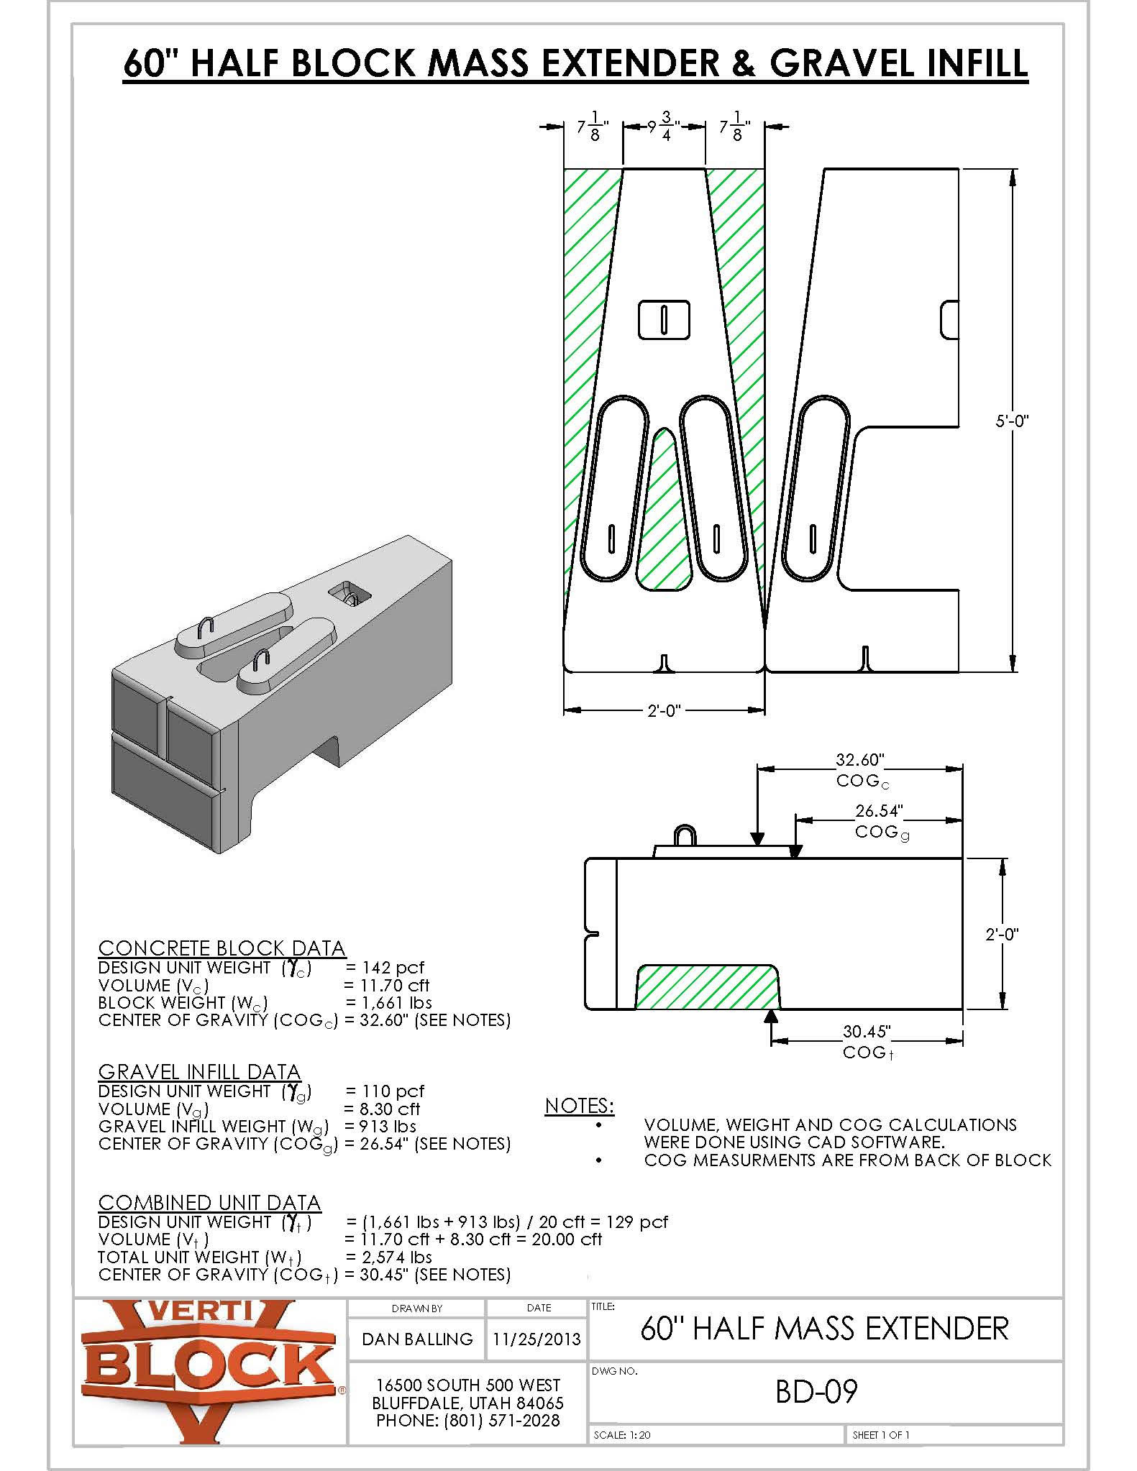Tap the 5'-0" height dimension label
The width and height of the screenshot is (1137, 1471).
(x=1011, y=421)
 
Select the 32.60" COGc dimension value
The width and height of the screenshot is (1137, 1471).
(x=859, y=760)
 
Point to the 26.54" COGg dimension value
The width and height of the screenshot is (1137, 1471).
(x=878, y=811)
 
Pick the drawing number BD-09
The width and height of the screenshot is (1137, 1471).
(x=816, y=1392)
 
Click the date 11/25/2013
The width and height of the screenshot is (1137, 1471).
(x=536, y=1339)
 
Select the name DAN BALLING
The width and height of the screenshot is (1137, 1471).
(x=417, y=1339)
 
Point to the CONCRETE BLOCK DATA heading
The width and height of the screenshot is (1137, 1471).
(x=222, y=948)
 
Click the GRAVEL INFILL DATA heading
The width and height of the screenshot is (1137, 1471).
(x=199, y=1072)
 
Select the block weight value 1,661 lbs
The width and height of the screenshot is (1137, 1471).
(x=389, y=1003)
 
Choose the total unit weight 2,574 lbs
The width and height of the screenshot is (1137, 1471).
(x=389, y=1257)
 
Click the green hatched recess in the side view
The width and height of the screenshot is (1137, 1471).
(x=707, y=988)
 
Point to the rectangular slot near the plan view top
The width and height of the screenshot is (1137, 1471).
(x=664, y=319)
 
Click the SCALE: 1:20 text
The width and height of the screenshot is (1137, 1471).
(x=622, y=1434)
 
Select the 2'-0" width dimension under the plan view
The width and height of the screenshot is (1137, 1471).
(x=663, y=710)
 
